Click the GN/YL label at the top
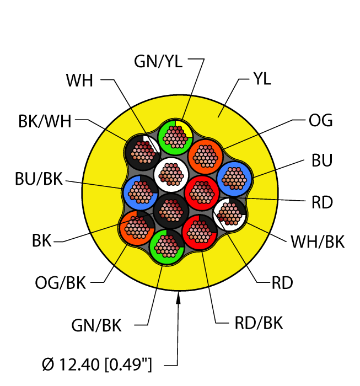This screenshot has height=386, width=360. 158,62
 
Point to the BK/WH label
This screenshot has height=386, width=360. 45,122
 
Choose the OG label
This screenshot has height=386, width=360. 320,120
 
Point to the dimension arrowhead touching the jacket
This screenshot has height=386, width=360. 178,296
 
